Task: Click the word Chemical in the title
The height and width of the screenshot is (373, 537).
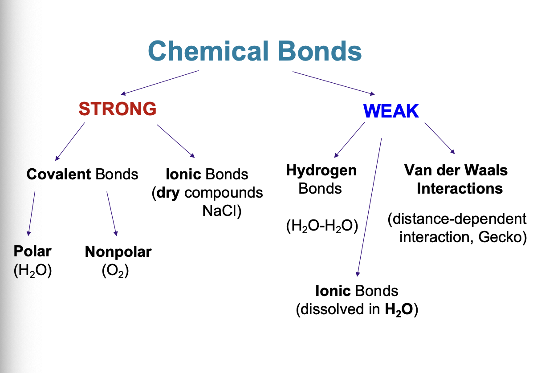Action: tap(208, 51)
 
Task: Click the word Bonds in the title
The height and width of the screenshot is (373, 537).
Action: tap(319, 51)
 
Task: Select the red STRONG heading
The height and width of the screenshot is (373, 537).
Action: tap(118, 109)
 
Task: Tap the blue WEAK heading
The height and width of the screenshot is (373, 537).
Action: tap(391, 111)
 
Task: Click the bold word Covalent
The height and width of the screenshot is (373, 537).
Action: tap(59, 174)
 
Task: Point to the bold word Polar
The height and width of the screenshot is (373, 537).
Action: tap(33, 251)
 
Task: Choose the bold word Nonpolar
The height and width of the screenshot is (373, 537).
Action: tap(118, 252)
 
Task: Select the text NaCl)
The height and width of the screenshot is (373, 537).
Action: tap(221, 211)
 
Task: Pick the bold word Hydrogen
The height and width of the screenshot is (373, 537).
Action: tap(321, 170)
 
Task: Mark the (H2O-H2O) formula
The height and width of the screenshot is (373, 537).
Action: tap(321, 226)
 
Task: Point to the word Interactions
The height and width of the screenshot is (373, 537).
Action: tap(460, 188)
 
